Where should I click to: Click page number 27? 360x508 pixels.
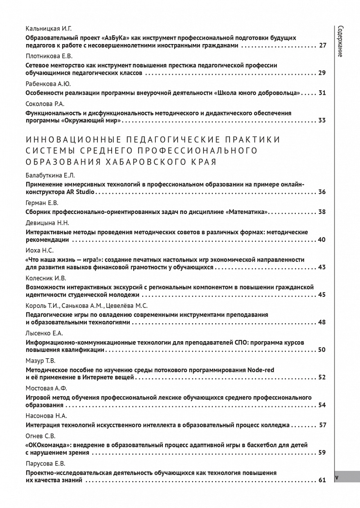(322, 45)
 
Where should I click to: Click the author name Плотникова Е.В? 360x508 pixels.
(49, 56)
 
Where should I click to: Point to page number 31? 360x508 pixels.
(322, 93)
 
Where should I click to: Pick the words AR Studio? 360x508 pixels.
(81, 192)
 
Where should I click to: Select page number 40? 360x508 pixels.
(322, 240)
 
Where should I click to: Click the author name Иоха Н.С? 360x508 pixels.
(40, 250)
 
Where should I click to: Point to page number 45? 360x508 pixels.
(322, 295)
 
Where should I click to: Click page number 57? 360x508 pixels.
(322, 425)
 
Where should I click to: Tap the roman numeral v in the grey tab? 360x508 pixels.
(337, 477)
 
